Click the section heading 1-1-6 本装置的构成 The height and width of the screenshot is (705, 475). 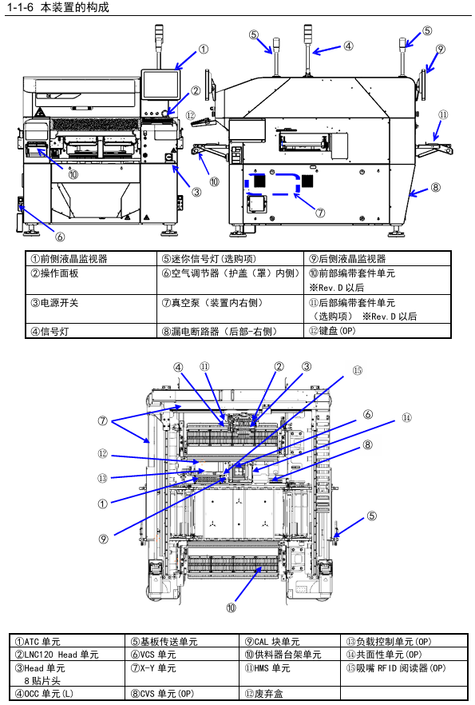coord(58,7)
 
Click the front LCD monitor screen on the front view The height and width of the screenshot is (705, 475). coord(160,85)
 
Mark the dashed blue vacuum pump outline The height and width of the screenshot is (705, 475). coord(272,185)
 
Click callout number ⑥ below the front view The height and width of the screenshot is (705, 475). coord(60,237)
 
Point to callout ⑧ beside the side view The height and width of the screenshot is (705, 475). coord(436,187)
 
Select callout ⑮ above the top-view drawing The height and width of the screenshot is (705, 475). coord(358,371)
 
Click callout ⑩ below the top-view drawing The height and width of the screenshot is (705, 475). coord(231,607)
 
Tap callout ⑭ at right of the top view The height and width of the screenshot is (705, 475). coord(406,418)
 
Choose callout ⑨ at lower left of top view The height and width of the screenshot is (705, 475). coord(103,539)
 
